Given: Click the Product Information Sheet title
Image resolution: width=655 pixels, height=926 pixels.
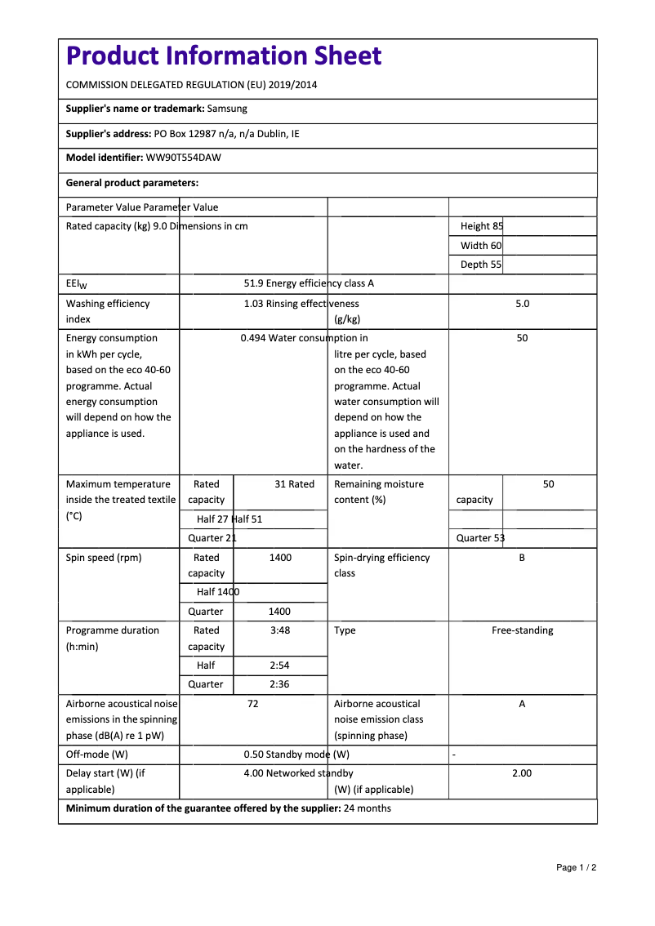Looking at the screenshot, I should (x=223, y=56).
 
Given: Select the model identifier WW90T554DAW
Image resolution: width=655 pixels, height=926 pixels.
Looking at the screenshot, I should (x=183, y=158).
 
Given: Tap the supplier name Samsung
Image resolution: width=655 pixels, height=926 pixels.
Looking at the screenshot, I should (x=227, y=109).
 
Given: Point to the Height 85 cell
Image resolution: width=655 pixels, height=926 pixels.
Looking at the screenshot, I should (x=482, y=226).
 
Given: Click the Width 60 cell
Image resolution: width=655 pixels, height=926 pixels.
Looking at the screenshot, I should (x=481, y=246).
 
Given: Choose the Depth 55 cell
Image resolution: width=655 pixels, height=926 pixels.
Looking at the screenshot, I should (x=481, y=265).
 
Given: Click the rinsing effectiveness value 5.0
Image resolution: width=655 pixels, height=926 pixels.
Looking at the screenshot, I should (x=522, y=304).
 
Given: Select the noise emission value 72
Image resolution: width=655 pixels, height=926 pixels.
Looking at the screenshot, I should (x=252, y=704).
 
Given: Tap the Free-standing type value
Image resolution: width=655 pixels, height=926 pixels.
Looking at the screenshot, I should (x=522, y=630).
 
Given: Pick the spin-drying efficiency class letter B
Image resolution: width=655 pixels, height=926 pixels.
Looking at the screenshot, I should (x=522, y=558).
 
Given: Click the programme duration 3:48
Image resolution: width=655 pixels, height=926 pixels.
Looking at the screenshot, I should (x=279, y=630).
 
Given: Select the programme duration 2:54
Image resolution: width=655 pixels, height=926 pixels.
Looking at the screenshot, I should (x=279, y=666).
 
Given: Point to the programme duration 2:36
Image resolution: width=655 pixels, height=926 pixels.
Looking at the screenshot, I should (x=279, y=684).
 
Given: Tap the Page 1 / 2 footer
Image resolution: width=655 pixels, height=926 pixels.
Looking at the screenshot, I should (x=576, y=867).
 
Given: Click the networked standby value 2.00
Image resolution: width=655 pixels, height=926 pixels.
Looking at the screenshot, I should (x=522, y=773).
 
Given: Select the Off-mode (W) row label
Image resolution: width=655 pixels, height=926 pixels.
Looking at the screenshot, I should (x=96, y=755).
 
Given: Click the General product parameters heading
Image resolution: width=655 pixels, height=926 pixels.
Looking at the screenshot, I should (x=132, y=183).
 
